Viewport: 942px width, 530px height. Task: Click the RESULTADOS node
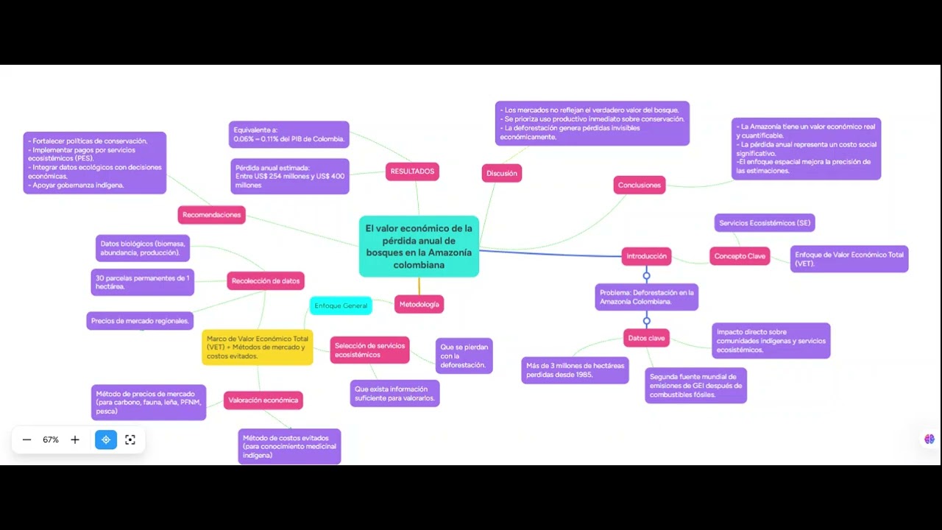pos(412,172)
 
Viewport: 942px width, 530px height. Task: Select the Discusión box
pos(502,173)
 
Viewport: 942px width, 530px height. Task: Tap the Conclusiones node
pos(640,185)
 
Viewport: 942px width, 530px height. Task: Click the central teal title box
pos(419,247)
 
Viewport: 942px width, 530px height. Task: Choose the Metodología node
pos(419,304)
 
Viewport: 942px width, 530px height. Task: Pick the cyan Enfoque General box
pos(341,305)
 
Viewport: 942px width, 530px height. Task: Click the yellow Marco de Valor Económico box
pos(258,347)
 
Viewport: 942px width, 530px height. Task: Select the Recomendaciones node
pos(211,215)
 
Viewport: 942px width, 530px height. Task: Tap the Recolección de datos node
pos(266,281)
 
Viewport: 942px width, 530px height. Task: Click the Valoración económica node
pos(263,400)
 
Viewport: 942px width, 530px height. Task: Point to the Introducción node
pos(646,256)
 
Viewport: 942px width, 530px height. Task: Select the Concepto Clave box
pos(740,256)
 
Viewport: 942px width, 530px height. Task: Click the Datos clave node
pos(646,338)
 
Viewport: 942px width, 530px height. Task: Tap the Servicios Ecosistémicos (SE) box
pos(765,223)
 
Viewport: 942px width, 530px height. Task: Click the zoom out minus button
pos(27,440)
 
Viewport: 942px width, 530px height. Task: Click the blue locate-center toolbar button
pos(106,440)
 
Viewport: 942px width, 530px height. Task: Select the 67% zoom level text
pos(51,440)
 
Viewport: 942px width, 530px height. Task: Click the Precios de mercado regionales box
pos(140,321)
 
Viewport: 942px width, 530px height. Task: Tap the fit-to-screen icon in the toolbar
pos(130,440)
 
